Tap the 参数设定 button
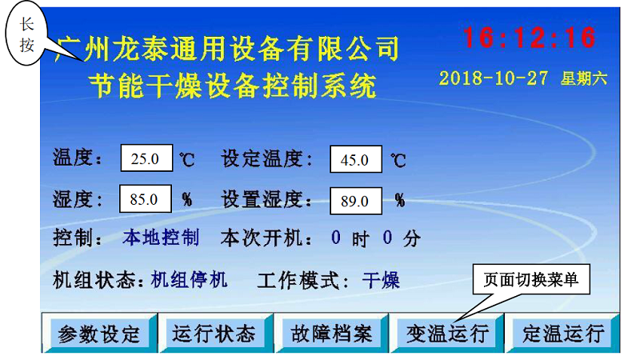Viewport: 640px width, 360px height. pyautogui.click(x=99, y=333)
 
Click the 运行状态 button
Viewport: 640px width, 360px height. pyautogui.click(x=214, y=333)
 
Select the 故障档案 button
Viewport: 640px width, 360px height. pyautogui.click(x=331, y=333)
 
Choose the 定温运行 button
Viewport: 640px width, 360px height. pyautogui.click(x=563, y=333)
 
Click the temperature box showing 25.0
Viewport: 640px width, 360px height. pyautogui.click(x=146, y=158)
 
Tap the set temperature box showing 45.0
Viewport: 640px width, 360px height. pyautogui.click(x=356, y=159)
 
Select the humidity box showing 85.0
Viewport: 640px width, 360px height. pyautogui.click(x=146, y=198)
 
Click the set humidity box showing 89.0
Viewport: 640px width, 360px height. pyautogui.click(x=356, y=201)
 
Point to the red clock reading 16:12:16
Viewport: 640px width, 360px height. pyautogui.click(x=530, y=38)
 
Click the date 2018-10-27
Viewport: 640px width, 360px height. pyautogui.click(x=493, y=78)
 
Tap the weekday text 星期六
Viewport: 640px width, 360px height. pyautogui.click(x=584, y=78)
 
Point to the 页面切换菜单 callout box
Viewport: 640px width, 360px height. pyautogui.click(x=531, y=279)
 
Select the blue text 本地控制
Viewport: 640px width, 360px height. pyautogui.click(x=162, y=237)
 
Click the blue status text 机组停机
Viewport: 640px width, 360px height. pyautogui.click(x=189, y=280)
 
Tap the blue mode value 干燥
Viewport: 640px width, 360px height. pyautogui.click(x=381, y=281)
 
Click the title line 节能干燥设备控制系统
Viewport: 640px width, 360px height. pyautogui.click(x=232, y=86)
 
